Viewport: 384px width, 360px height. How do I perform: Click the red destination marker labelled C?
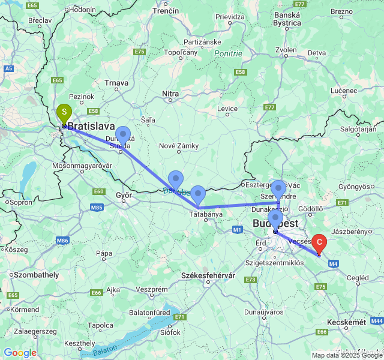coord(319,243)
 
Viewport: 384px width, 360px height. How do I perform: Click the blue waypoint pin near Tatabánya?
coord(198,195)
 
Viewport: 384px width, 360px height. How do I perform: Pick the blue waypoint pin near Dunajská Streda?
coord(123,136)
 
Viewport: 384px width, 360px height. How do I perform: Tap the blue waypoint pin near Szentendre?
coord(278,189)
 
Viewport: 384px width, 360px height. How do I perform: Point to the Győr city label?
coord(124,196)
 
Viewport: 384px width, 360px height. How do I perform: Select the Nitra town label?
coord(171,94)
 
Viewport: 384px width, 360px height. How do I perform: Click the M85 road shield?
coord(97,208)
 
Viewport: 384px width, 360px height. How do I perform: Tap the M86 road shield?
coord(62,241)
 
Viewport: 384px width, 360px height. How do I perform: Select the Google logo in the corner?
coord(20,353)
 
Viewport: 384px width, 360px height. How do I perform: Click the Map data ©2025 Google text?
coord(346,355)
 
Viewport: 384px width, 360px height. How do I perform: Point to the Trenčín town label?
coord(166,11)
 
